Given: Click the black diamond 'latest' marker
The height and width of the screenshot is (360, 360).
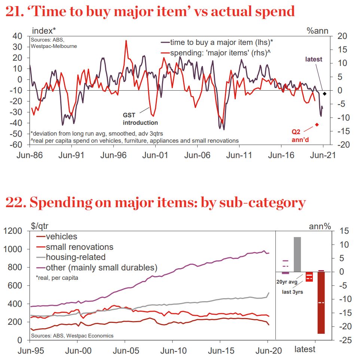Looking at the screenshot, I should (x=324, y=94).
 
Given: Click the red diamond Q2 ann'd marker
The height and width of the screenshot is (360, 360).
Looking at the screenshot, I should (x=317, y=125).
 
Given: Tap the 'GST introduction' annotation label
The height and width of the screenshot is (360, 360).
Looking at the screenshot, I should (x=140, y=119).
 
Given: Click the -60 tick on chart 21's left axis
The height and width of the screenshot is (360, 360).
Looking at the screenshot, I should (x=18, y=145).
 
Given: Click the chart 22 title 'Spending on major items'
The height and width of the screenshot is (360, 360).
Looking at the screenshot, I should (x=155, y=203).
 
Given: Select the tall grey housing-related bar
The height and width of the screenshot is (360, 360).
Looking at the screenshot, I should (x=297, y=254).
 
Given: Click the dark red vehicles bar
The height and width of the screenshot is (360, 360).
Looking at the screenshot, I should (x=321, y=302).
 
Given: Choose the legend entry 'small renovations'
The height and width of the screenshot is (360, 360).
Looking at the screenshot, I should (x=79, y=247).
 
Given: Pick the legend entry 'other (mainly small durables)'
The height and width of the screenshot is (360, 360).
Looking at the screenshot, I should (x=101, y=267).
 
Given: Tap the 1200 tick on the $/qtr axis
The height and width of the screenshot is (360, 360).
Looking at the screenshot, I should (x=15, y=231).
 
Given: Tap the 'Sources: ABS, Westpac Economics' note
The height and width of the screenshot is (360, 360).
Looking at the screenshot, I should (x=72, y=336).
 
